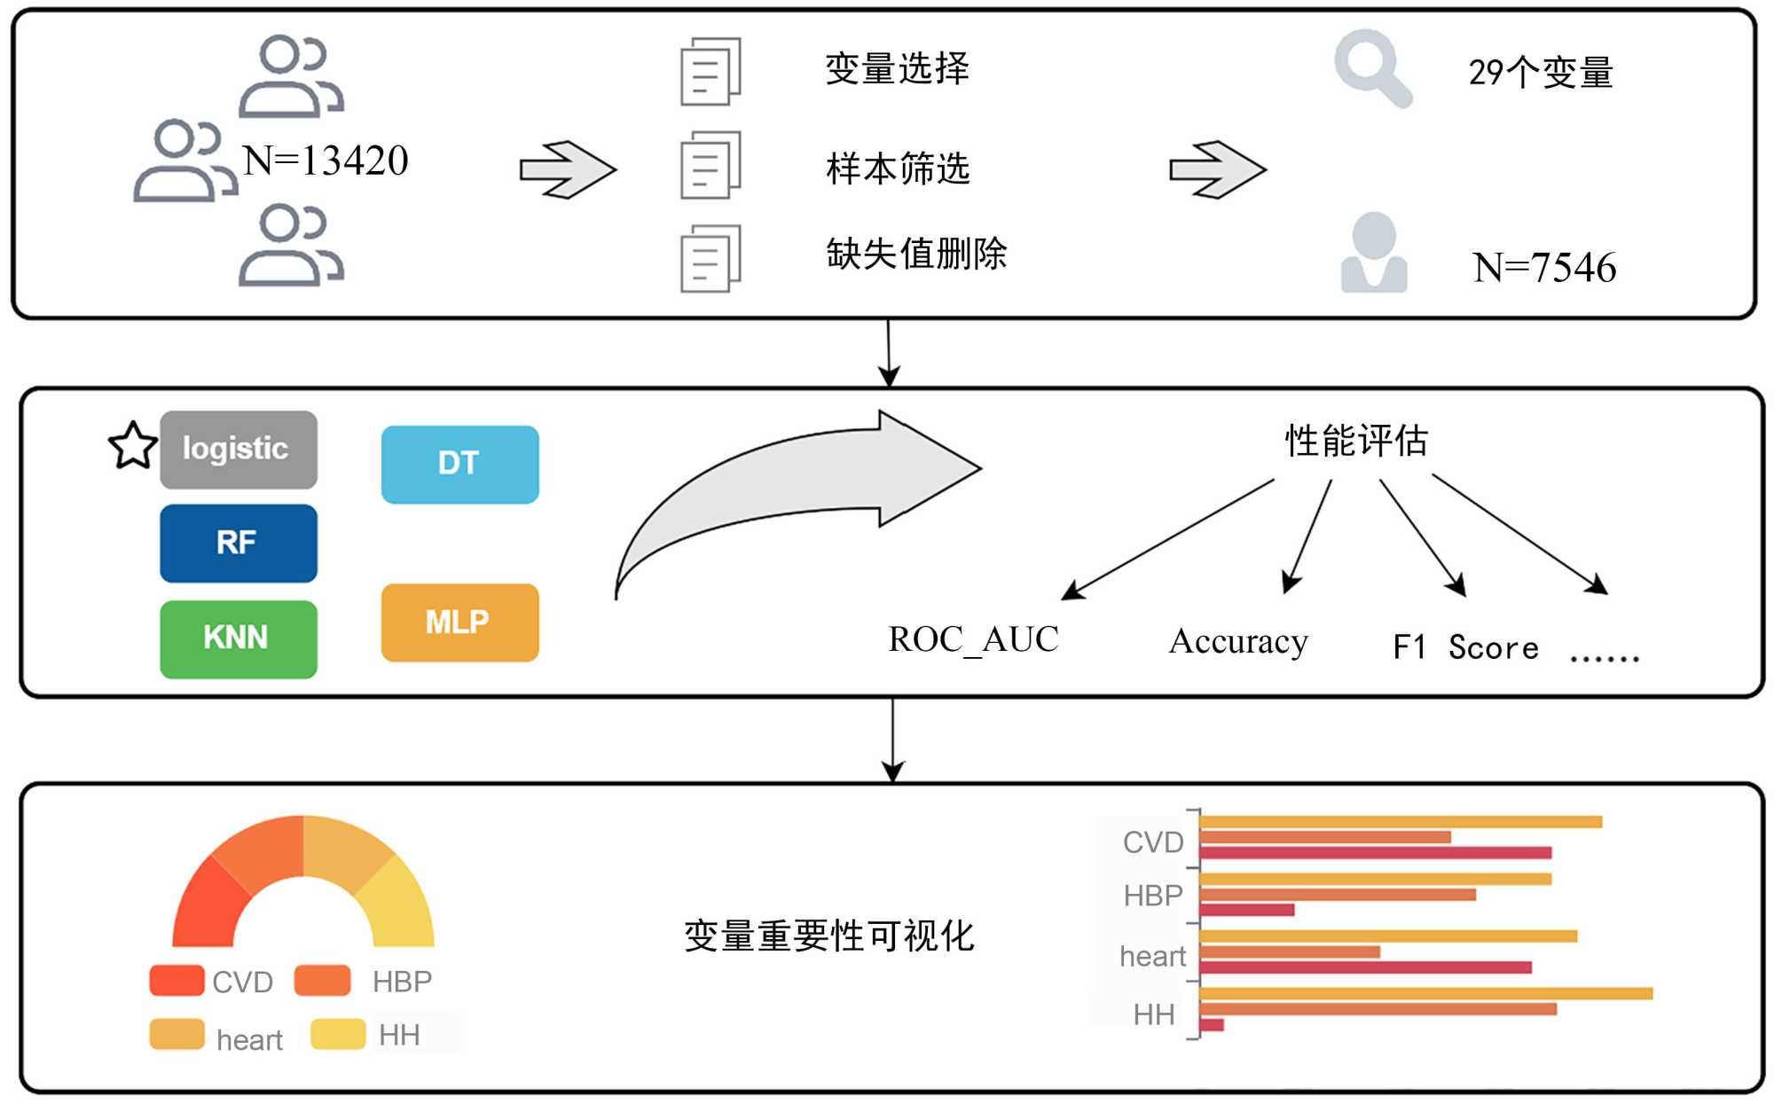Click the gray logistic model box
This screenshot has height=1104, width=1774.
[238, 450]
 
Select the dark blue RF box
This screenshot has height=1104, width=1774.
[238, 543]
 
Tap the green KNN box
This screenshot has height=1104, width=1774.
[238, 638]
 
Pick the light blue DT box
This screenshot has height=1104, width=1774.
[459, 464]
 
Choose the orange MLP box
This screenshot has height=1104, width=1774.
[459, 622]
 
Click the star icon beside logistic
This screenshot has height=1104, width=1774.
[132, 445]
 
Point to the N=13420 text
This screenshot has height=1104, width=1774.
[326, 161]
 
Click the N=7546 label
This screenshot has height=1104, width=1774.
[1544, 268]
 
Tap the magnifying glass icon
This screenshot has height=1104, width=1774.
[1371, 67]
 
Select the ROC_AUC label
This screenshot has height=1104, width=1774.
[973, 639]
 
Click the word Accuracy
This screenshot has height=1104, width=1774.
[1238, 641]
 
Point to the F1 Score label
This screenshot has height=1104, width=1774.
[1465, 647]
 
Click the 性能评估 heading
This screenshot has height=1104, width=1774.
[1356, 441]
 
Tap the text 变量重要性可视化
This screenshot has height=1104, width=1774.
[828, 936]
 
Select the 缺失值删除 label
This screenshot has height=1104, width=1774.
[916, 254]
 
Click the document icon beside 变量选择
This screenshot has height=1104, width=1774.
[710, 72]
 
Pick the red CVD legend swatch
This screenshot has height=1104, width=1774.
[177, 980]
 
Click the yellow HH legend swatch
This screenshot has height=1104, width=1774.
[338, 1034]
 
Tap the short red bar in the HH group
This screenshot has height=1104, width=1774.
[1212, 1025]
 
